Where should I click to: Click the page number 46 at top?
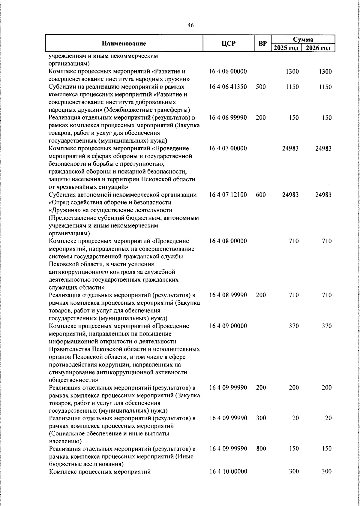[190, 25]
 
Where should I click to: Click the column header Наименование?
[124, 44]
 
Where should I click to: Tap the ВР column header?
[262, 44]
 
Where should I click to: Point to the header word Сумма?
[303, 39]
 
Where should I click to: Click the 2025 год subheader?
[286, 48]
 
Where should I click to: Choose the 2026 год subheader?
[318, 48]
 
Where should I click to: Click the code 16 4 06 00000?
[228, 71]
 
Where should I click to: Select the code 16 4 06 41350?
[228, 87]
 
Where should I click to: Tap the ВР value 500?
[261, 87]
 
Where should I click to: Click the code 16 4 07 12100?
[228, 195]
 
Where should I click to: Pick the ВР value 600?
[261, 195]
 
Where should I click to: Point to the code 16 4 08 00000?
[228, 241]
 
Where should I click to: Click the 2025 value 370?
[294, 326]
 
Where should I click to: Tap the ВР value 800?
[261, 449]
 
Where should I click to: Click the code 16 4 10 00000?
[228, 471]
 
